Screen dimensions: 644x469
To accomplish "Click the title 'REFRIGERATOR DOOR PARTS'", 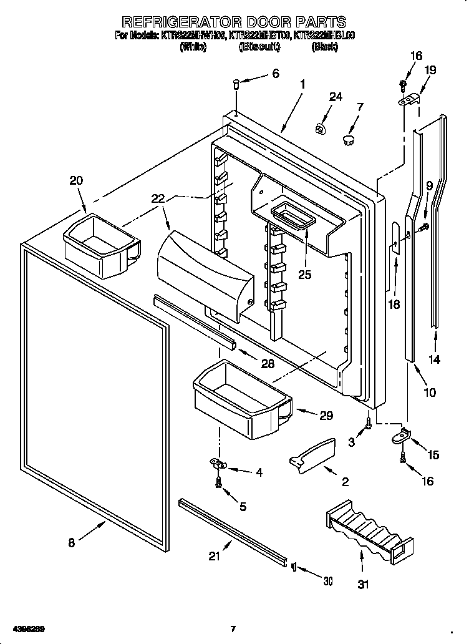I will click(x=234, y=23).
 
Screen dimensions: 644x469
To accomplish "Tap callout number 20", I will click(x=75, y=180).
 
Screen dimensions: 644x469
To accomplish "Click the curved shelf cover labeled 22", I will click(x=206, y=272).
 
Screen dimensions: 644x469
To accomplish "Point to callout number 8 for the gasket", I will click(x=71, y=543).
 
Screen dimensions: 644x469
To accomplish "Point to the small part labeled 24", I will click(x=321, y=129).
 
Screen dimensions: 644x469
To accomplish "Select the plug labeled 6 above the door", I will click(x=237, y=84).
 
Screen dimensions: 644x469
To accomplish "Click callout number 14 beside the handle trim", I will click(x=435, y=359).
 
